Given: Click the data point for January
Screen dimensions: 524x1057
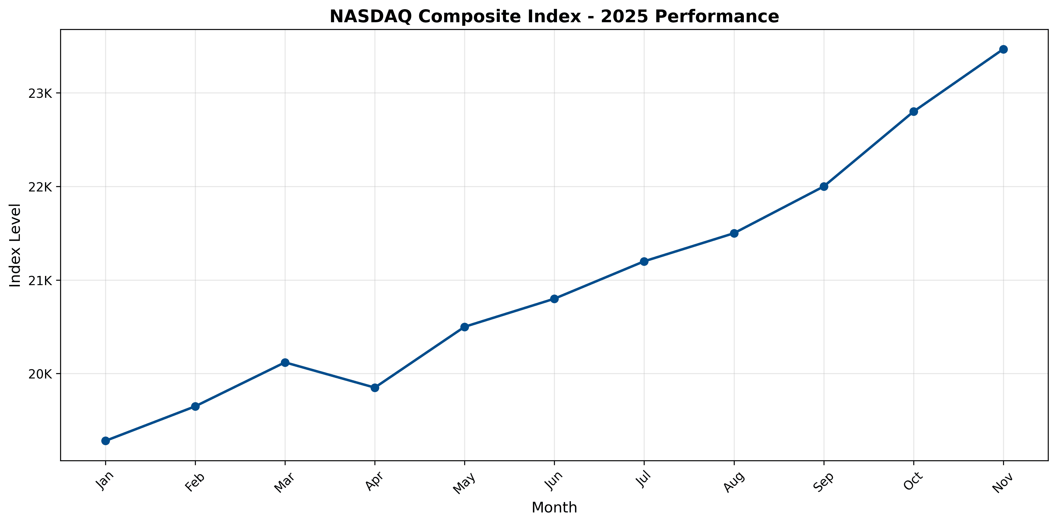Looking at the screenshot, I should [x=105, y=441].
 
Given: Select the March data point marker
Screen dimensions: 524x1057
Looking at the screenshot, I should [x=285, y=362].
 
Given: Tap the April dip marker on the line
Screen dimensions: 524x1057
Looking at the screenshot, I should [x=375, y=388].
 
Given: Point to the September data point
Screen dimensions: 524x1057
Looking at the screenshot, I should [x=824, y=186].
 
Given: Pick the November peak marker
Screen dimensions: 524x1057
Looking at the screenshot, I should [x=1003, y=49].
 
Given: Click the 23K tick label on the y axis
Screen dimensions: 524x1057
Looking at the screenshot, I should [x=40, y=94].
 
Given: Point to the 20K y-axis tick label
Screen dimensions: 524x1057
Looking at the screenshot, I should [x=40, y=374].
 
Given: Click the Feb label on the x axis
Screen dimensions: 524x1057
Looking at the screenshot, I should [x=195, y=482].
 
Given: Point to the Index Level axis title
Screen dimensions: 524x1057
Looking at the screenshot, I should [x=15, y=245].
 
